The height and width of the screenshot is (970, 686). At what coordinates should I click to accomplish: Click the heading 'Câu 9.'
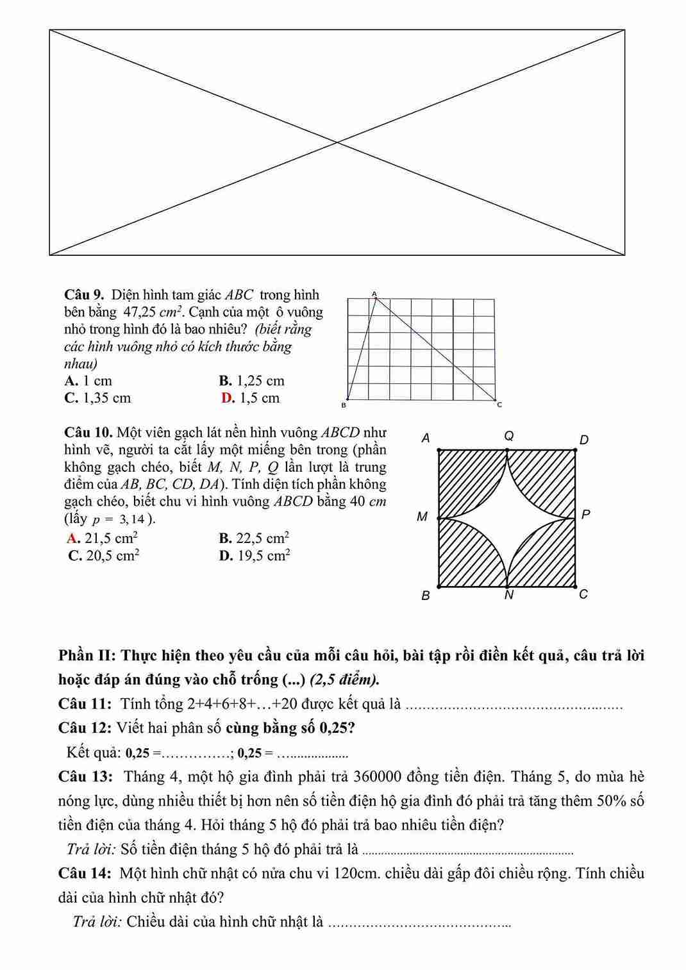coord(84,295)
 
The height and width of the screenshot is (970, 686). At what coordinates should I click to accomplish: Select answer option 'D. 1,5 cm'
coord(251,398)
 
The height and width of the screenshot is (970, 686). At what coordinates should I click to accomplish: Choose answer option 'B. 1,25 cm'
coord(251,381)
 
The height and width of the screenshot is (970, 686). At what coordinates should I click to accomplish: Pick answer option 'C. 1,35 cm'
coord(97,398)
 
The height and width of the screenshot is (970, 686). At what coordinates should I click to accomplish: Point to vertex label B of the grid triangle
coord(343,405)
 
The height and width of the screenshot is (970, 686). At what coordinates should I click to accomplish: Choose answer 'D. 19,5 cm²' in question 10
coord(255,556)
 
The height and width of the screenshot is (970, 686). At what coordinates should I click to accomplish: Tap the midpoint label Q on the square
coord(509,436)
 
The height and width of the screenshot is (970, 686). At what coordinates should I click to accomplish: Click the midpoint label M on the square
coord(422,516)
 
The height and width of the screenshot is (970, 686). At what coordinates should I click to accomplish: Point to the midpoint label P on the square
coord(585,514)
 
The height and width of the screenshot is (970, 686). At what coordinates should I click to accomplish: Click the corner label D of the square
coord(583,440)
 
